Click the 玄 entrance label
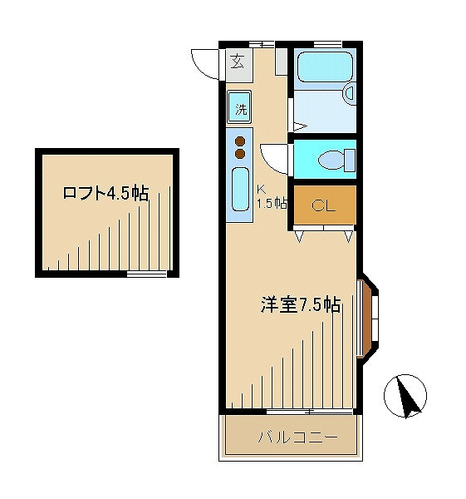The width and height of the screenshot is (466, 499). (x=238, y=62)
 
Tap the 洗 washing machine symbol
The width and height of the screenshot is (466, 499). (x=239, y=108)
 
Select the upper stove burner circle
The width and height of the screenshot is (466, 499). (x=240, y=141)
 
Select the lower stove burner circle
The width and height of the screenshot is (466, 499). (x=240, y=153)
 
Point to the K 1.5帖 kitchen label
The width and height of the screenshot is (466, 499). (x=271, y=195)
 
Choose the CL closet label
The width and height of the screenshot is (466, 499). (x=323, y=206)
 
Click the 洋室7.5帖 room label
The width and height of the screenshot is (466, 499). (x=300, y=304)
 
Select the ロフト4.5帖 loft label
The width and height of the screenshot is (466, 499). (x=105, y=194)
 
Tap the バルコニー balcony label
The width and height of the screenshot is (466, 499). (x=291, y=437)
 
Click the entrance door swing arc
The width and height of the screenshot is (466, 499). (x=204, y=63)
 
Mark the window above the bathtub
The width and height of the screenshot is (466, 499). (x=327, y=42)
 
